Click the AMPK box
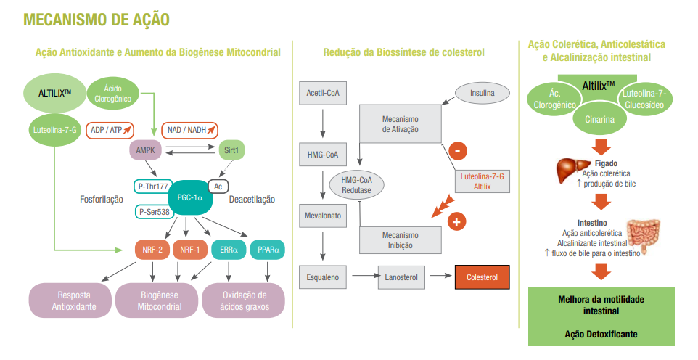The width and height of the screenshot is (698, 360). pos(144,150)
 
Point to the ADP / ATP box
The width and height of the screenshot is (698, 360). pos(111,130)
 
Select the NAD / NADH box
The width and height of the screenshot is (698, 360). pos(189,130)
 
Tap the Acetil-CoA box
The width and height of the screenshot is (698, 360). pos(323,93)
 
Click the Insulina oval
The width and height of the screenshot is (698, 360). pos(483,92)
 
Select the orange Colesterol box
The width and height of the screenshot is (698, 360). pos(482,277)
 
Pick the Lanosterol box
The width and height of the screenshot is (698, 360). pos(401,277)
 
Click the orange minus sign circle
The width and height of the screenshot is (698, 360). pos(458,151)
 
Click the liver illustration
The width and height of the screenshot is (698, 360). pos(570,171)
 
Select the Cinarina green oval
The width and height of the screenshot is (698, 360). pos(599,120)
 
